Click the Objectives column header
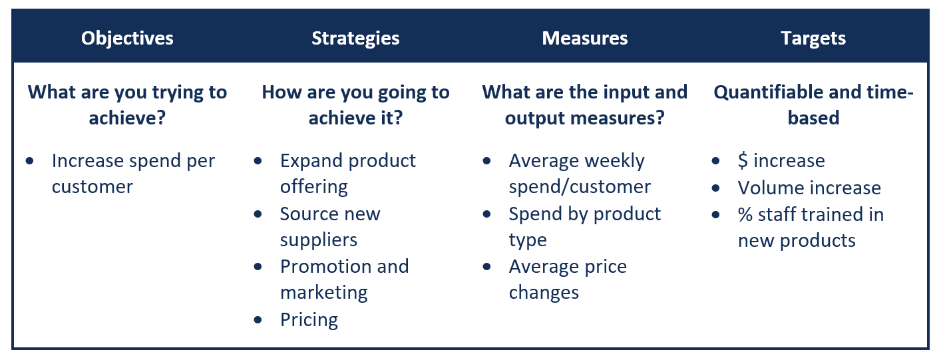coord(127,38)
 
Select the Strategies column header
coord(355,38)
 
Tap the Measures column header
coord(584,38)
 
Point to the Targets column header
coord(813,38)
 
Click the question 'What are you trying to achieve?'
coord(127,104)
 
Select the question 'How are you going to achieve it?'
coord(355,104)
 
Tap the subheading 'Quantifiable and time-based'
coord(813,104)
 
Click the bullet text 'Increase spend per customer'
coord(133,174)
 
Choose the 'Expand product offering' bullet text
coord(347,174)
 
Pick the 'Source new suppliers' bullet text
coord(329,226)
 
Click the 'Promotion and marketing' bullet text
coord(344,279)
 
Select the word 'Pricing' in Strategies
coord(309,319)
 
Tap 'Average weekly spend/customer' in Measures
coord(579,174)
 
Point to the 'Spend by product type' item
coord(584,226)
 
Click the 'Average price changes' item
coord(567,279)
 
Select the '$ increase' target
coord(781,161)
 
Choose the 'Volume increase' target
coord(809,188)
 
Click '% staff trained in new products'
coord(810,227)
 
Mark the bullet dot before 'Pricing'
coord(259,320)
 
